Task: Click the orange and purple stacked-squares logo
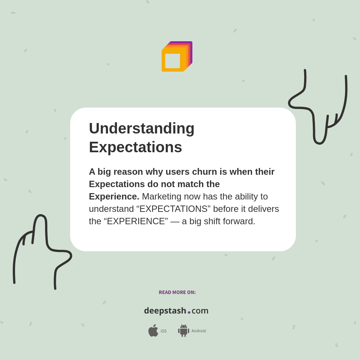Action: coord(177,57)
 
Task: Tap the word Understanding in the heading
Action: coord(142,128)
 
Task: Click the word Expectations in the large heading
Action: coord(135,147)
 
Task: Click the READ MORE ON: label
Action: coord(177,292)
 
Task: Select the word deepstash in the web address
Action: coord(165,310)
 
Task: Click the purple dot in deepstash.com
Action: coord(189,312)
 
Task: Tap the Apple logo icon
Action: coord(153,330)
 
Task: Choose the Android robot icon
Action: coord(183,330)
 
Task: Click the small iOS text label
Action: coord(163,331)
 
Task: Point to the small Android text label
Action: coord(199,331)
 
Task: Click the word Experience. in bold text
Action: coord(114,196)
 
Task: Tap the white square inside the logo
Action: coord(172,61)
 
